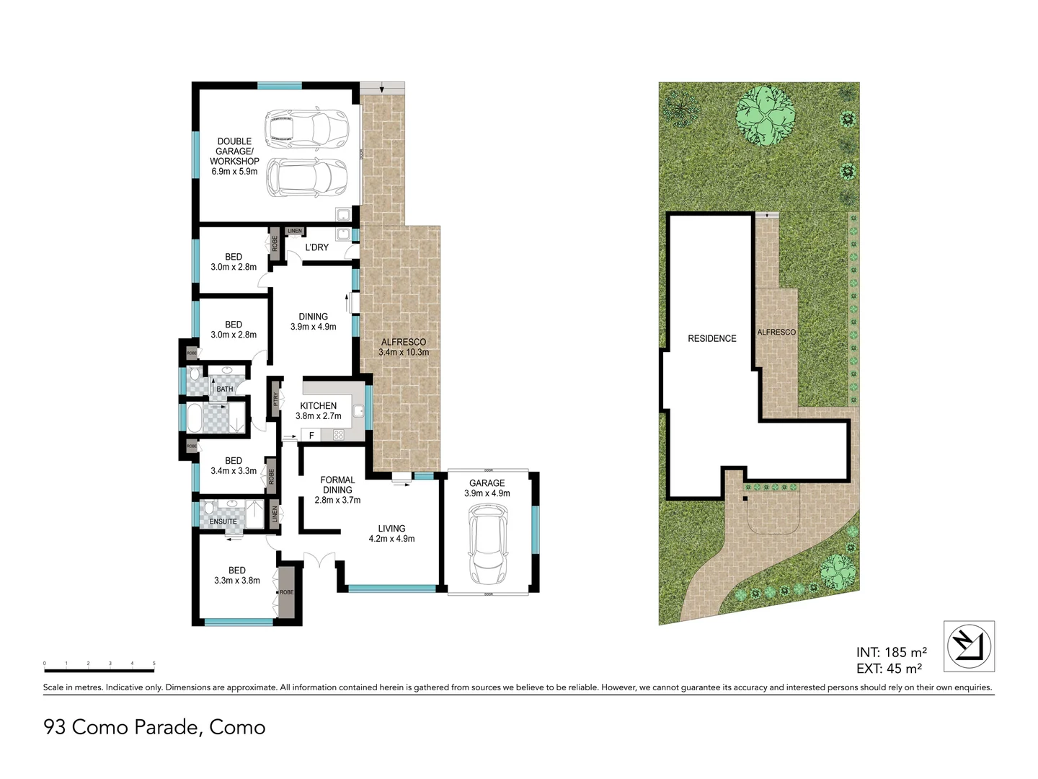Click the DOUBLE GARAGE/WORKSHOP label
point(234,157)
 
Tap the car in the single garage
point(488,543)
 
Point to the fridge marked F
point(311,435)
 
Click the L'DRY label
point(316,247)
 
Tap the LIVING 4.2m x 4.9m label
point(391,533)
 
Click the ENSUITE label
point(223,521)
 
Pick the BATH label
point(224,389)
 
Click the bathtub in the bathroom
point(195,418)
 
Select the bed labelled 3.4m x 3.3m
point(234,466)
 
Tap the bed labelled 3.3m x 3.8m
point(236,575)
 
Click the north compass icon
point(969,646)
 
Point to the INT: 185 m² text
point(891,653)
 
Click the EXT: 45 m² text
point(889,669)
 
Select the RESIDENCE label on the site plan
point(711,338)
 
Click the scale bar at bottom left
point(99,670)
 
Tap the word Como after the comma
point(237,727)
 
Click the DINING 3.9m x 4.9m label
point(313,322)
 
